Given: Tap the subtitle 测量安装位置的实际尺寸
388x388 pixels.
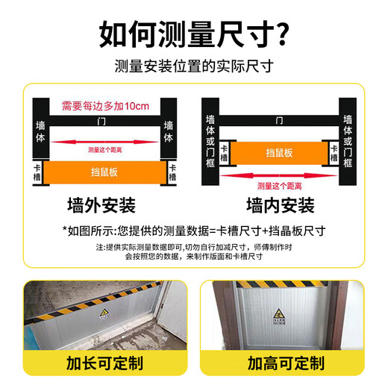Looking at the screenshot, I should click(194, 66).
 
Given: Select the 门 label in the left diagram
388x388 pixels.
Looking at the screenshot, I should click(103, 119).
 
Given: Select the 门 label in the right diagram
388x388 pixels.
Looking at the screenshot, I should click(279, 119).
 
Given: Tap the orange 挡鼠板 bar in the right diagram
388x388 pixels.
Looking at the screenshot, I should click(279, 152).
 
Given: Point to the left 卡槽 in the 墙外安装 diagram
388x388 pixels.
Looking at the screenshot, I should click(37, 172).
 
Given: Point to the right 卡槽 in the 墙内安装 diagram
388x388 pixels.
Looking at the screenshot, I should click(333, 152).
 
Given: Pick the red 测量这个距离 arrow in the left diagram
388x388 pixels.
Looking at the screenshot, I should click(103, 147).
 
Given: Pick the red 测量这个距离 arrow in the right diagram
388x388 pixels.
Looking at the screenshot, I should click(278, 181).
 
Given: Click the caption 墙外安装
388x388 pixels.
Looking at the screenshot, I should click(104, 205).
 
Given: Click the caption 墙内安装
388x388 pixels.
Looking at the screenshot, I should click(279, 205).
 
